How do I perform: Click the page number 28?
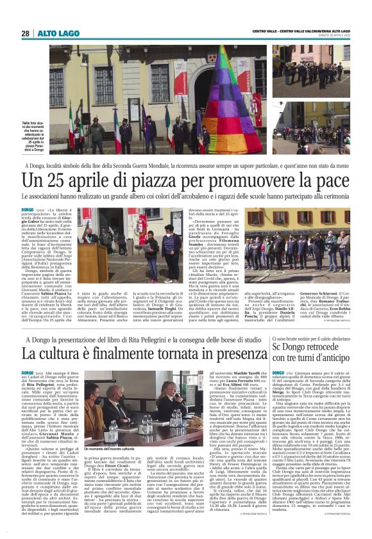click(x=25, y=33)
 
